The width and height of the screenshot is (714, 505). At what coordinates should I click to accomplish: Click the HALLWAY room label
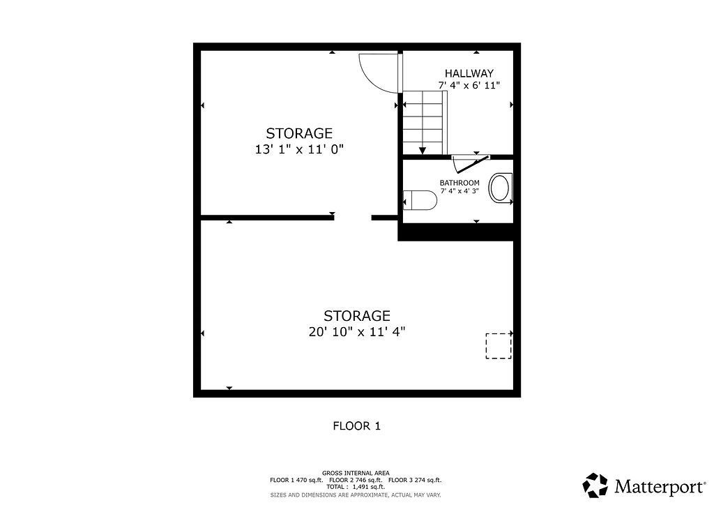tap(469, 73)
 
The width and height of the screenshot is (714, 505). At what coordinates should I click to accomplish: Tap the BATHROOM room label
tap(459, 183)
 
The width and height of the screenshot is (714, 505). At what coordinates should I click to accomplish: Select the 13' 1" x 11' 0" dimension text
tap(299, 149)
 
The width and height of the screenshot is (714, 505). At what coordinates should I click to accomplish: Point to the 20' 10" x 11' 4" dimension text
tap(357, 332)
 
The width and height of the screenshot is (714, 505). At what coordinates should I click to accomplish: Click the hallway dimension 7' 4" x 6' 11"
tap(469, 85)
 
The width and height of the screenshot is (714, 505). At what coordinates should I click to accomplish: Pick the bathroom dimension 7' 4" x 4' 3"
tap(459, 191)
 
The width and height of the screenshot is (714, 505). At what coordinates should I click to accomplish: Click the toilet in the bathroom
tap(420, 200)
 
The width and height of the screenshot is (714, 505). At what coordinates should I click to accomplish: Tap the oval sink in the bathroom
tap(501, 188)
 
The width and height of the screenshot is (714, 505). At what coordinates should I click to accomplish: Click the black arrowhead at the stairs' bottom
tap(423, 151)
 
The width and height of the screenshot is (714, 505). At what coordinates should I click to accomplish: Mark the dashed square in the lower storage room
tap(499, 346)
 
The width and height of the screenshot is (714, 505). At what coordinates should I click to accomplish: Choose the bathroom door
tap(471, 164)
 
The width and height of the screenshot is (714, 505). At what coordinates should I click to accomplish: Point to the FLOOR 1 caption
tap(356, 426)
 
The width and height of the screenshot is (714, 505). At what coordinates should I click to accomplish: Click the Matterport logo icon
tap(595, 485)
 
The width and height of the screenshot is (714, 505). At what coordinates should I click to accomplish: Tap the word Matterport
tap(660, 487)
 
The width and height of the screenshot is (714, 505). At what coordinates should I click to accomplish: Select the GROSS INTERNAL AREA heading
tap(356, 473)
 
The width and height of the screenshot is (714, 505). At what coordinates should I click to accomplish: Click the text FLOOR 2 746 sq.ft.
tap(356, 480)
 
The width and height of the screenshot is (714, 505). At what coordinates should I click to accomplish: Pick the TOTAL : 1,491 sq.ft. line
tap(356, 487)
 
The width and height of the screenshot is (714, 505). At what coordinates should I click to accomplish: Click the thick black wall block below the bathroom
tap(459, 232)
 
